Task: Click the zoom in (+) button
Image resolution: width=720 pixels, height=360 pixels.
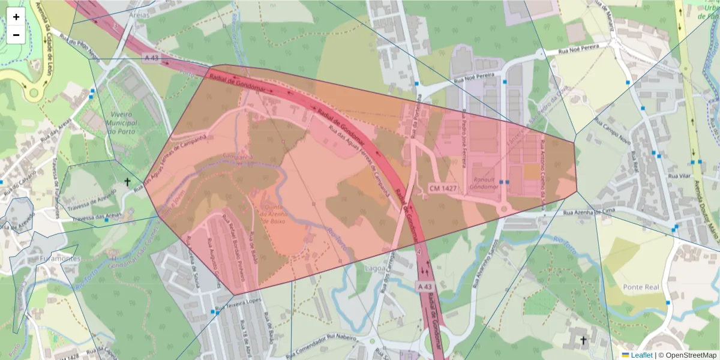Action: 16,17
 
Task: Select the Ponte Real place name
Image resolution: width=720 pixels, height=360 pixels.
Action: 641,287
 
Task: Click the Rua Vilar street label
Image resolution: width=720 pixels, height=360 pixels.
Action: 680,176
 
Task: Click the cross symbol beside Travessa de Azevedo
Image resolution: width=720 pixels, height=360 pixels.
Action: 127,181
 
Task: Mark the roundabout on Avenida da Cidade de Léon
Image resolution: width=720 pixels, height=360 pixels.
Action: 33,93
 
